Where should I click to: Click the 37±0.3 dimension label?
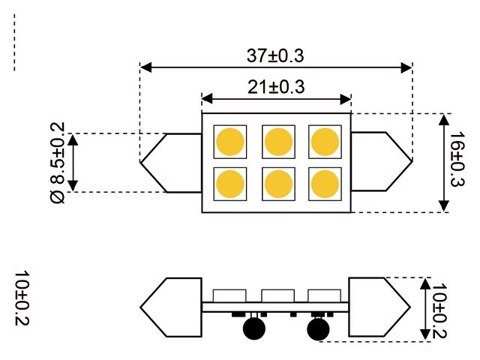[275, 55]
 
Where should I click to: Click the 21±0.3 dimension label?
[275, 87]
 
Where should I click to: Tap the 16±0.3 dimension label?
[456, 162]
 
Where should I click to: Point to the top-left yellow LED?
[229, 141]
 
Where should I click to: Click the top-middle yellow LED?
[277, 141]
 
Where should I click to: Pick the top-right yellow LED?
[324, 141]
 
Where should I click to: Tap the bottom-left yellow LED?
[229, 183]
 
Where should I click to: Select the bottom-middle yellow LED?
[277, 183]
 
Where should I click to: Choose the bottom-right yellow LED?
[324, 183]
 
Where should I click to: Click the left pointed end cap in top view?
[170, 162]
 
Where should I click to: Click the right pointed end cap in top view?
[382, 162]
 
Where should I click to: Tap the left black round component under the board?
[254, 328]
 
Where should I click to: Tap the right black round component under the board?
[318, 328]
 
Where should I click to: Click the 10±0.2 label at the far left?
[21, 298]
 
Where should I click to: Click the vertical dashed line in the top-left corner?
[14, 45]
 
